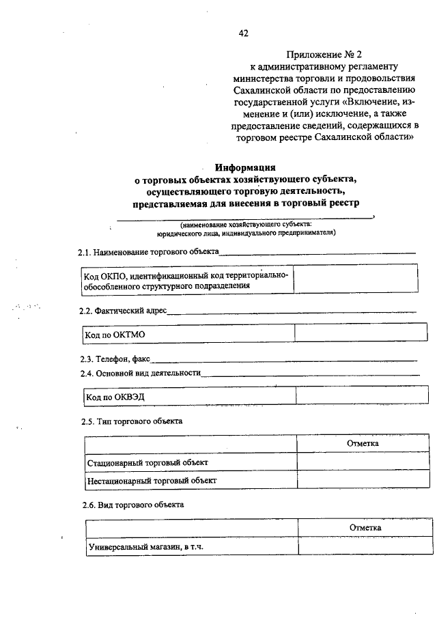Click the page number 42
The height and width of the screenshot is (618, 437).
pos(244,33)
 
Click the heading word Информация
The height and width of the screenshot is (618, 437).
pos(245,167)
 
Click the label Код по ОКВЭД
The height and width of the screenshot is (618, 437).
pos(115,397)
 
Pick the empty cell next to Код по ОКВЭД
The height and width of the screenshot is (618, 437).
pos(356,396)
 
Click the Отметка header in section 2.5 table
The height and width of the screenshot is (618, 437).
pos(363,443)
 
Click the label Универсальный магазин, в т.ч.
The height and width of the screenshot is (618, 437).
pos(146,547)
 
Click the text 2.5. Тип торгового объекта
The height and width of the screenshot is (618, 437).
pos(131,421)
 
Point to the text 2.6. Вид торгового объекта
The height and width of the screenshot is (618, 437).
pos(130,505)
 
